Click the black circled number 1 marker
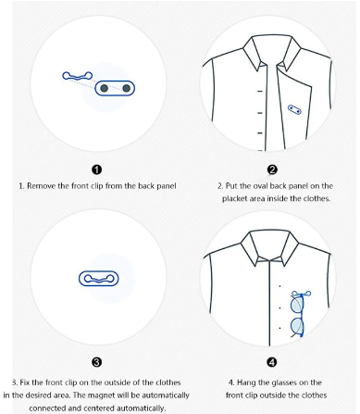pos(97,169)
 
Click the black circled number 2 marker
pos(272,169)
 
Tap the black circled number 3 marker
pos(97,362)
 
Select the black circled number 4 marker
pos(272,362)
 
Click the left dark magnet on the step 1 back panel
pos(105,88)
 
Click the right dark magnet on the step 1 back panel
pos(126,88)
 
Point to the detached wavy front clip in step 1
pos(77,76)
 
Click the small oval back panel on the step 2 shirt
pos(294,109)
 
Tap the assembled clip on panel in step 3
pos(99,279)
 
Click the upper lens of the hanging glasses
pos(297,305)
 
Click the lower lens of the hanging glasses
pos(297,326)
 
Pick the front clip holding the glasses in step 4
pos(301,294)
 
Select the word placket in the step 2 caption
pos(234,198)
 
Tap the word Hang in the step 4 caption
pos(246,383)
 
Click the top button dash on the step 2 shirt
pos(260,91)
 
